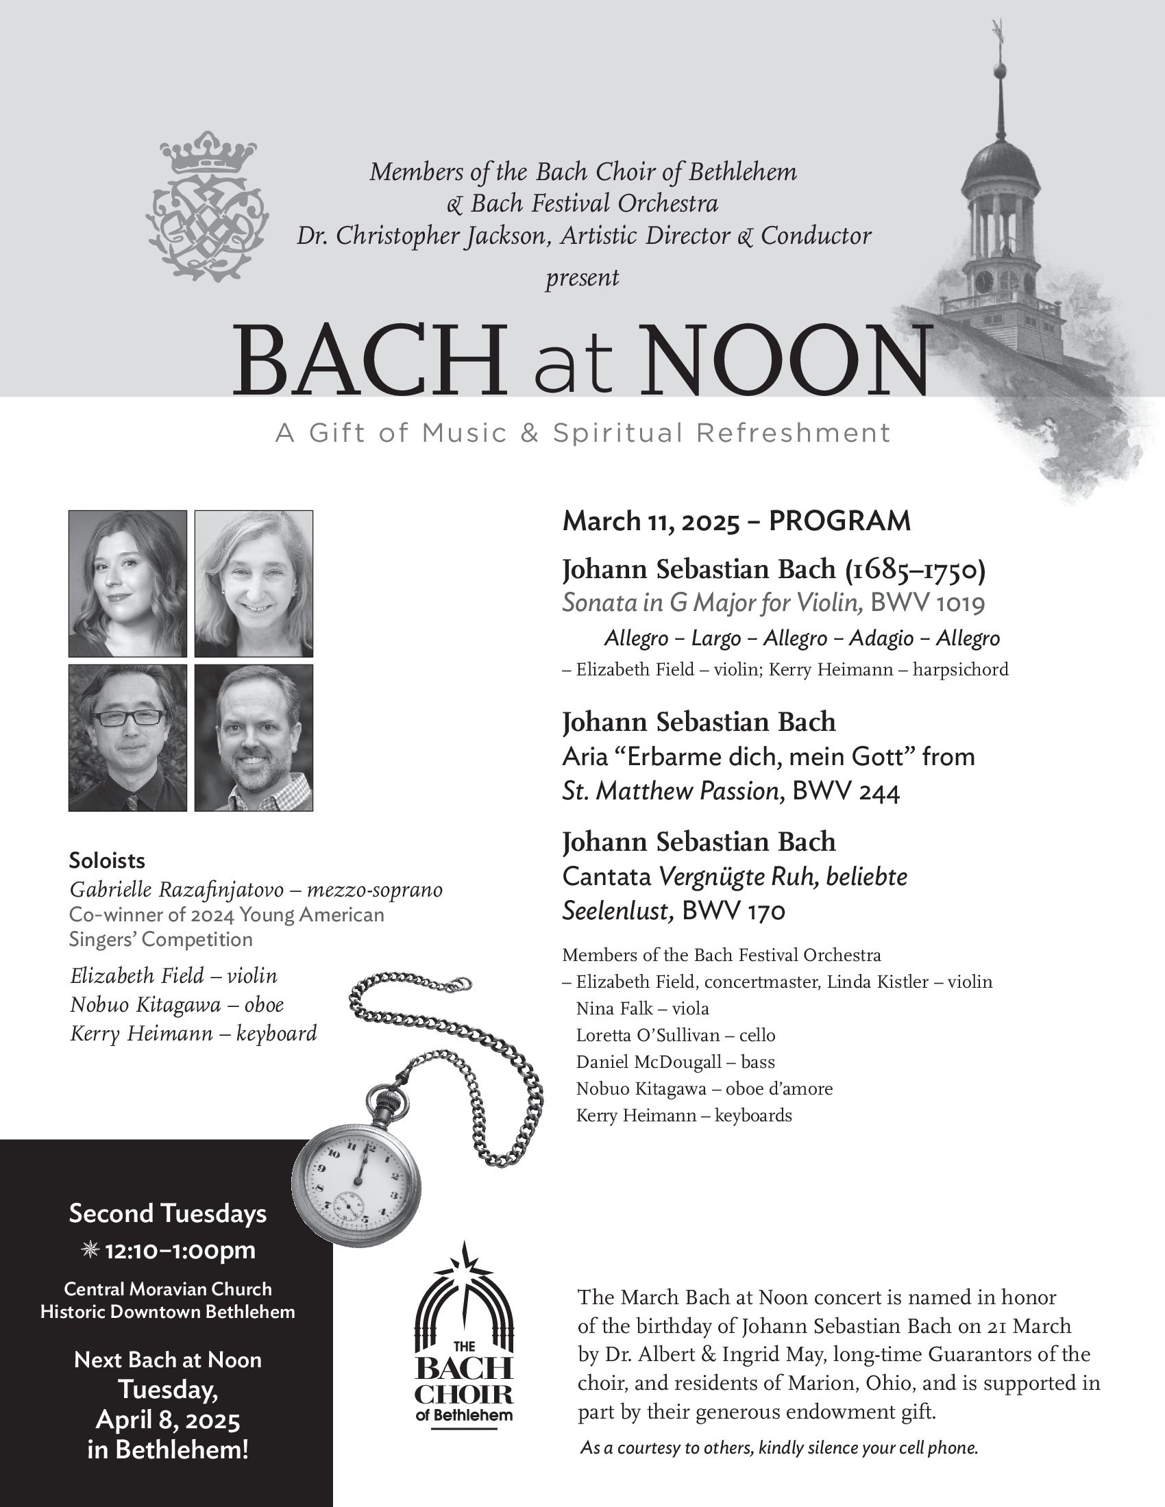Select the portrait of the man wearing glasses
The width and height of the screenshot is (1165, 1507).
(127, 738)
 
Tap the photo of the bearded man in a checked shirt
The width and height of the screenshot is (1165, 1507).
(254, 738)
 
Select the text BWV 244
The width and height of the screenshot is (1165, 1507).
(846, 792)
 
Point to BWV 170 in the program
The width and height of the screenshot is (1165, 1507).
(734, 912)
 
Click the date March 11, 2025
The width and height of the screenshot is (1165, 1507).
(650, 522)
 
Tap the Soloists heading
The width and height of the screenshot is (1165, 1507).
(107, 860)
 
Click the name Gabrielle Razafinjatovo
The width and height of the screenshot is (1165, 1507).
(177, 890)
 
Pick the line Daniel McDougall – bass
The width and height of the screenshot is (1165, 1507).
(675, 1062)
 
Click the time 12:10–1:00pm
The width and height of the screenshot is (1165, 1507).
(180, 1250)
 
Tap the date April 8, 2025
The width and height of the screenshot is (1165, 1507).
(168, 1421)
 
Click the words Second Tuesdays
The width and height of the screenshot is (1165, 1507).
(168, 1213)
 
